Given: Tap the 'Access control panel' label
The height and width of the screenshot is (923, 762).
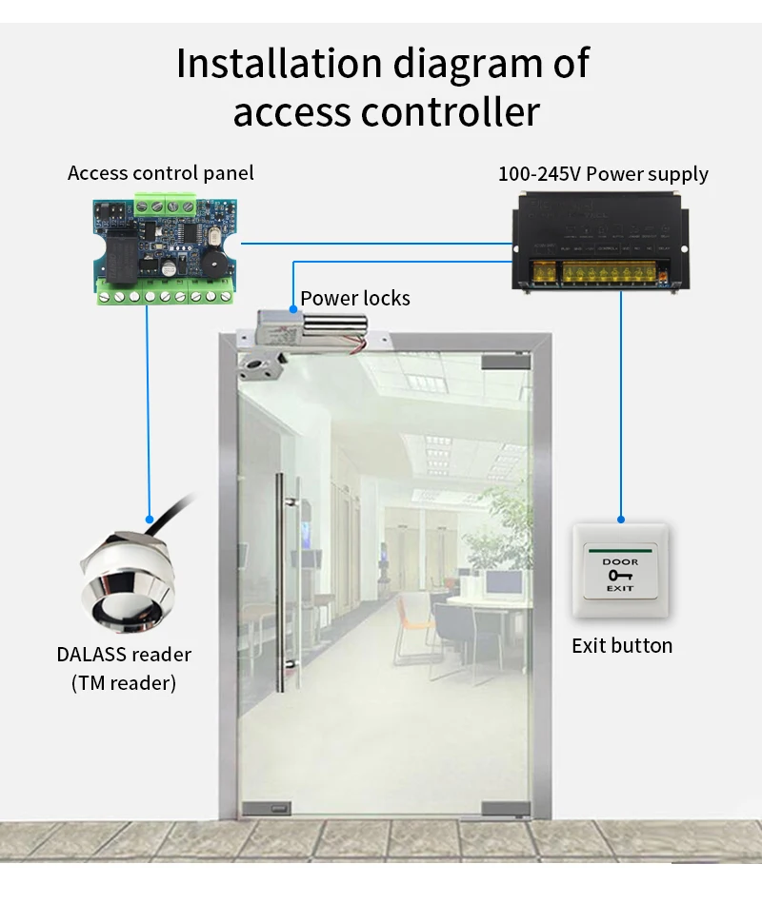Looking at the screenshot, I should pyautogui.click(x=161, y=173).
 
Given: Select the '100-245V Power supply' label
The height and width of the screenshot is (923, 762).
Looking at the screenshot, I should pyautogui.click(x=603, y=174).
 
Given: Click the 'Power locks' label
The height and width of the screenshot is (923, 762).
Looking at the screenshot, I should pyautogui.click(x=355, y=299).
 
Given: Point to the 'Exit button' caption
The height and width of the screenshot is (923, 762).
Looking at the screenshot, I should pyautogui.click(x=622, y=646).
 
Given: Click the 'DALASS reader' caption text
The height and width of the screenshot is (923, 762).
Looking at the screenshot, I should pyautogui.click(x=123, y=655).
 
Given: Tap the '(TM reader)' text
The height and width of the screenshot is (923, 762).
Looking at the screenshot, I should pyautogui.click(x=123, y=683).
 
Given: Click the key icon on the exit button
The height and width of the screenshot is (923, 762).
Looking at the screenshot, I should pyautogui.click(x=620, y=575).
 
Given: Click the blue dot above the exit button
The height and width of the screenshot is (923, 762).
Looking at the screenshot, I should pyautogui.click(x=621, y=520).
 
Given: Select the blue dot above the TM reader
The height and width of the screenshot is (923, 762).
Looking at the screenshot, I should pyautogui.click(x=149, y=520).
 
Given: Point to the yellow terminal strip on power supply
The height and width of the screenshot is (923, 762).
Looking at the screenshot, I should pyautogui.click(x=610, y=277).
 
